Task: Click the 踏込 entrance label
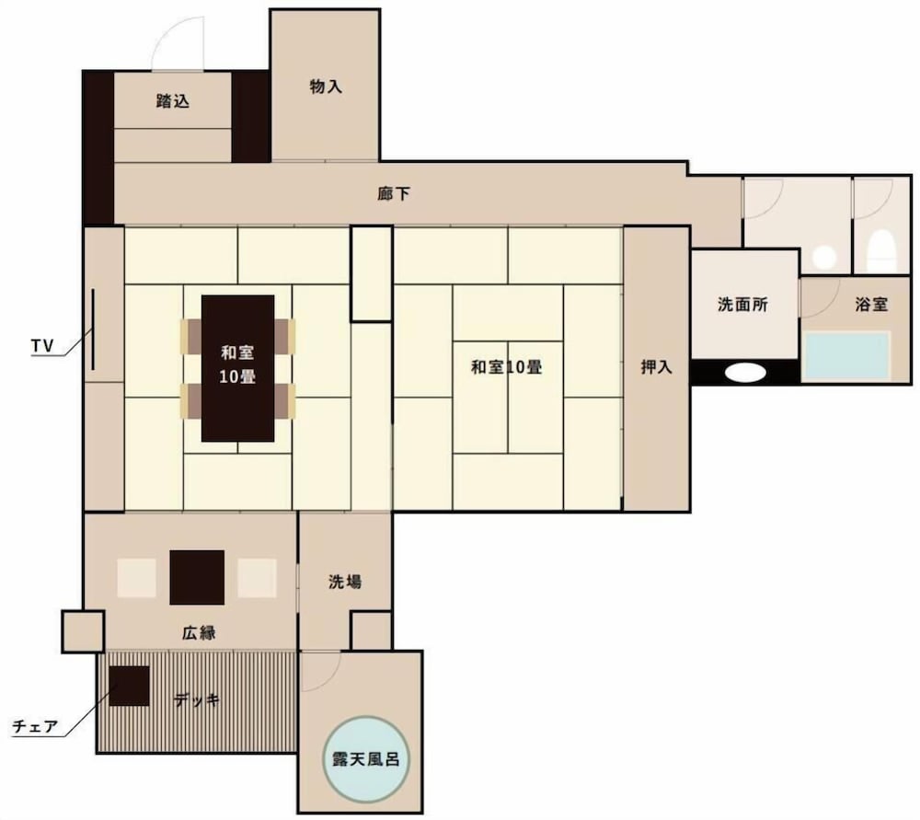(173, 101)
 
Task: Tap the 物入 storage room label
(326, 87)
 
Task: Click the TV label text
(41, 345)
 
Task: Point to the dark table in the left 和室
(238, 368)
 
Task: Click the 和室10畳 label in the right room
(506, 366)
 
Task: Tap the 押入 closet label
(657, 366)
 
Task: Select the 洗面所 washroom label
(743, 306)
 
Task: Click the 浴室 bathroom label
(870, 305)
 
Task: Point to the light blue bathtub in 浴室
(847, 356)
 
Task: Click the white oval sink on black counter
(745, 373)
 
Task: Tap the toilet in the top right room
(881, 248)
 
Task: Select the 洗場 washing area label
(345, 582)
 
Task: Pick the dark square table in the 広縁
(197, 577)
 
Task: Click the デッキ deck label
(197, 699)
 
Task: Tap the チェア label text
(35, 727)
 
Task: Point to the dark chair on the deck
(130, 685)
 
